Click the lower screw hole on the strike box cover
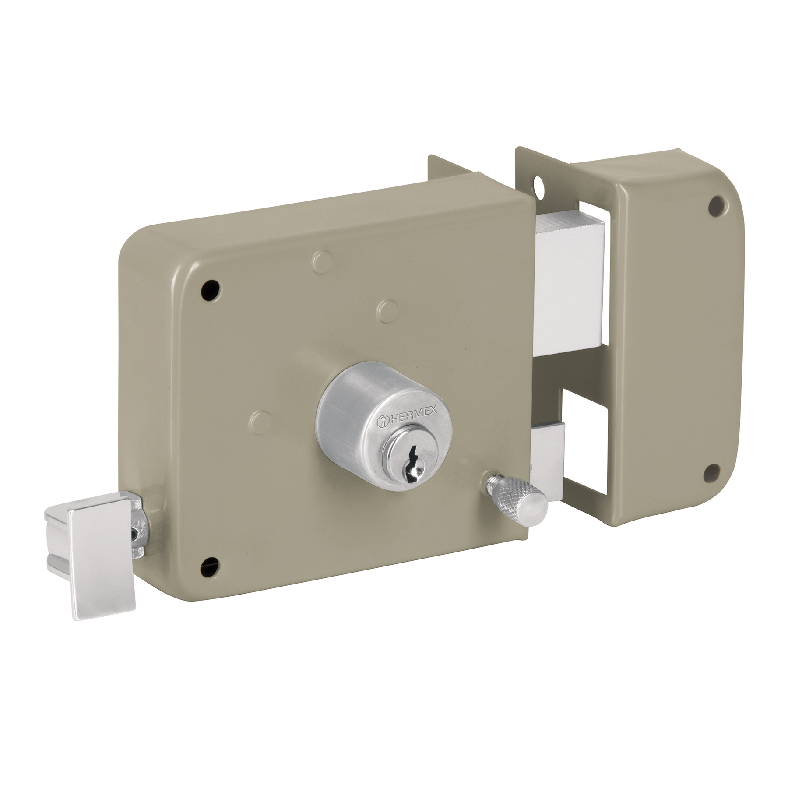pyautogui.click(x=711, y=471)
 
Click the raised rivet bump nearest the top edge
pyautogui.click(x=322, y=258)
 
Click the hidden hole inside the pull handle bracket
pyautogui.click(x=133, y=532)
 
